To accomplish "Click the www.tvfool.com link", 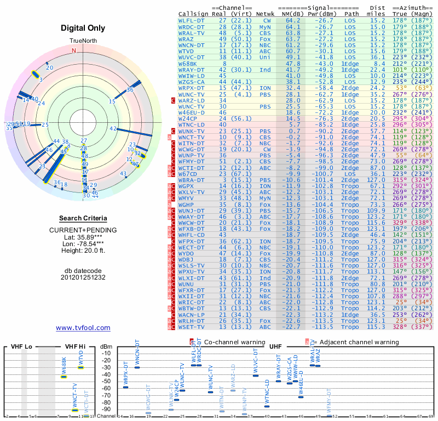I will pos(83,328).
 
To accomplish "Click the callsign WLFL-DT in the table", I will pos(192,20).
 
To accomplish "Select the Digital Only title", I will pos(83,27).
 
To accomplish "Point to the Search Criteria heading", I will pos(83,218).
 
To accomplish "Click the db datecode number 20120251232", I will pos(83,277).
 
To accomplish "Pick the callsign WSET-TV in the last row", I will pos(192,327).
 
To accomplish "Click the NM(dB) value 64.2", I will pos(293,20).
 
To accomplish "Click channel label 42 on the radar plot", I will pos(113,128).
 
